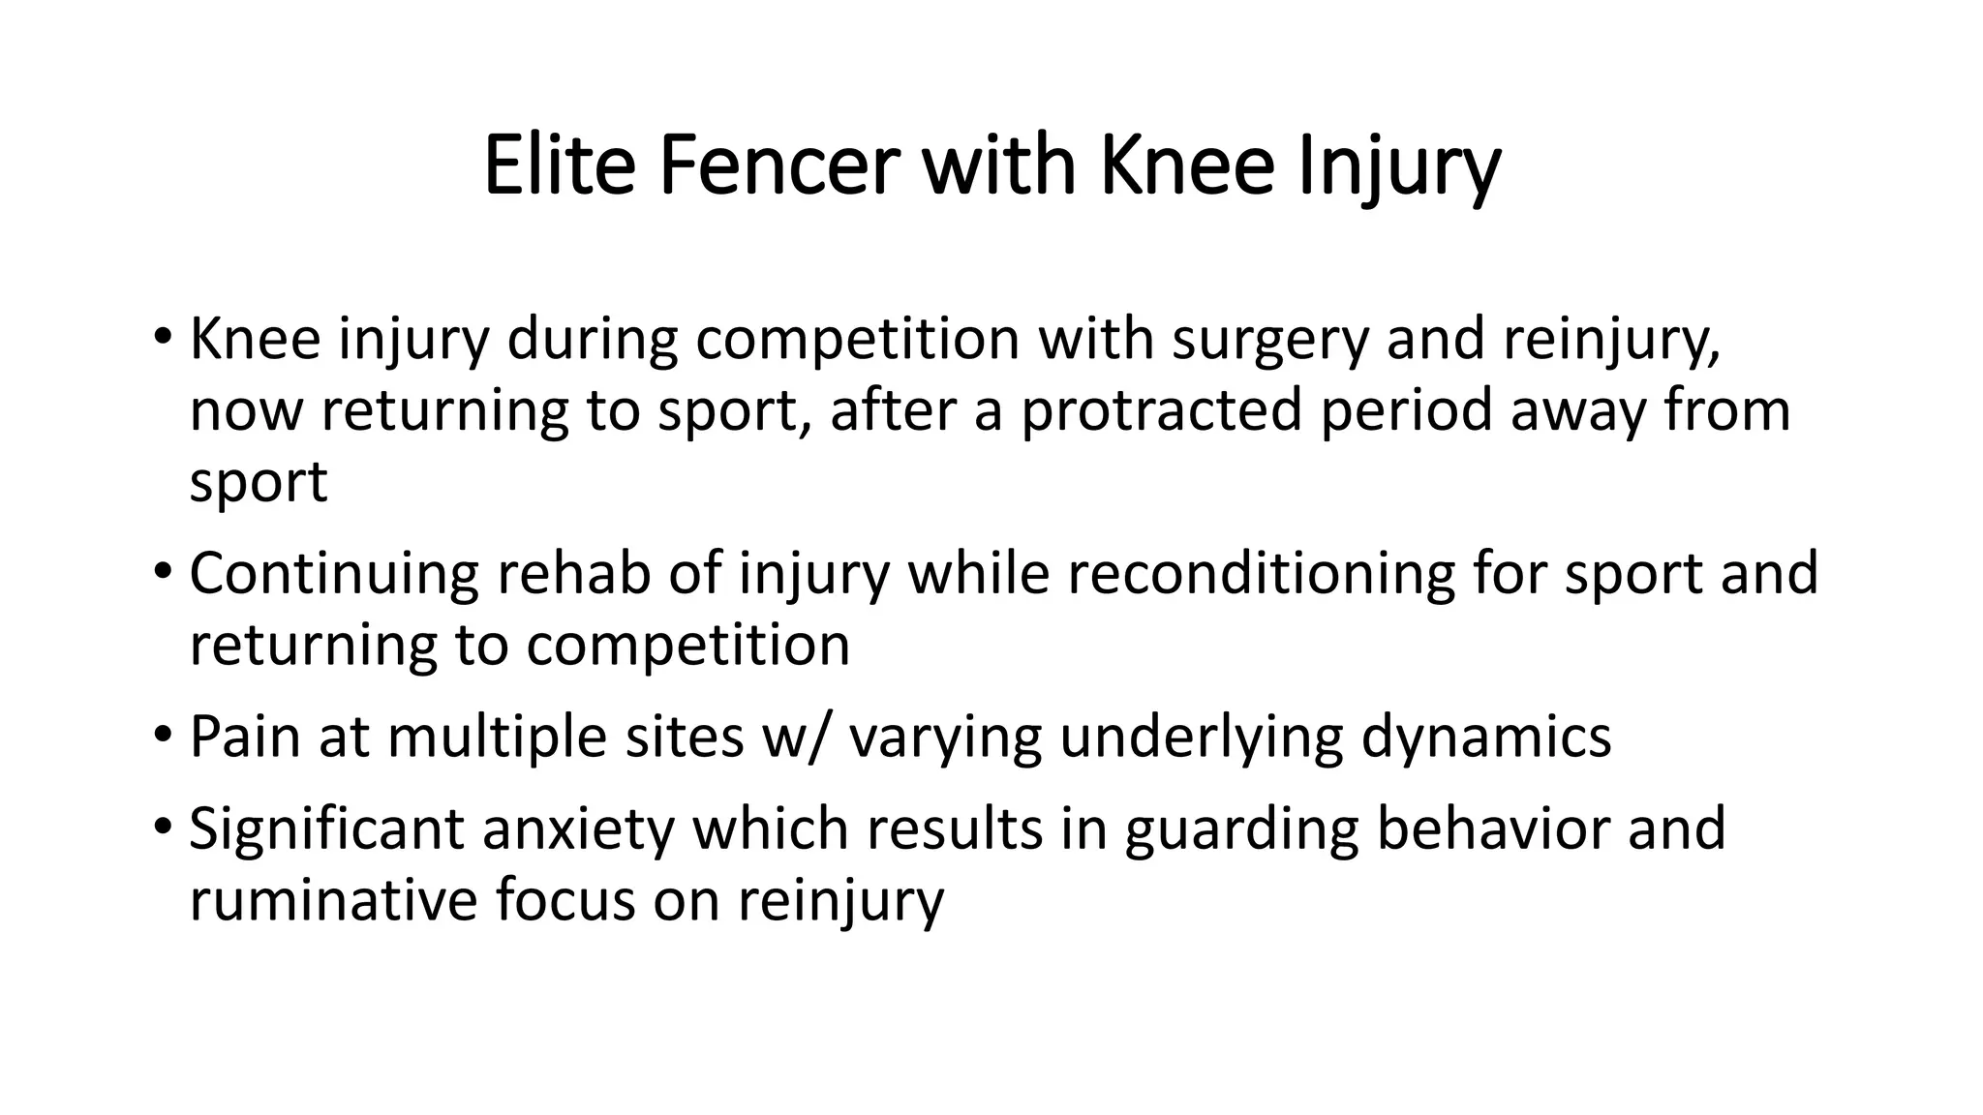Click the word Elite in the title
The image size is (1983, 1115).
[558, 166]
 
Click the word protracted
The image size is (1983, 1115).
[1160, 410]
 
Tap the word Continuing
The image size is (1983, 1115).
[333, 574]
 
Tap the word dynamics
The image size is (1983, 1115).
[1486, 737]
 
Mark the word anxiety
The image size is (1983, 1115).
[577, 829]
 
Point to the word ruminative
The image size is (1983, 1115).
[332, 900]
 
